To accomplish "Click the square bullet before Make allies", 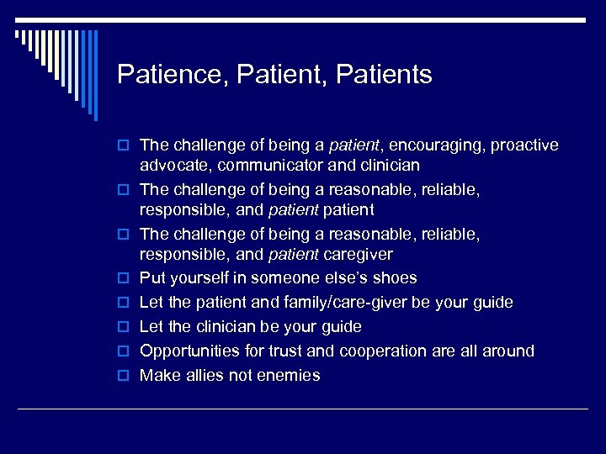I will coord(125,376).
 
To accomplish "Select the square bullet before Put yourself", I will coord(125,278).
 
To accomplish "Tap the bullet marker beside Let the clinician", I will coord(125,327).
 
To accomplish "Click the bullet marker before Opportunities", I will coord(125,351).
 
